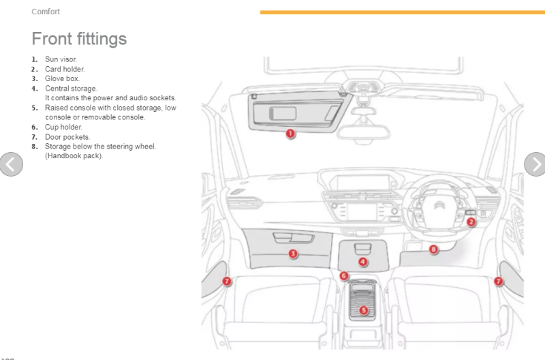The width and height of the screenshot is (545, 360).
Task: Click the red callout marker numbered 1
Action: pyautogui.click(x=290, y=134)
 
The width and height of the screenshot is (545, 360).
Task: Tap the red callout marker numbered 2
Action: pyautogui.click(x=471, y=222)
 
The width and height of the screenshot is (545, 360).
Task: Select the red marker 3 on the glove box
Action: pyautogui.click(x=292, y=254)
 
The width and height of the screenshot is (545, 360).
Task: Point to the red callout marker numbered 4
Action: pyautogui.click(x=362, y=262)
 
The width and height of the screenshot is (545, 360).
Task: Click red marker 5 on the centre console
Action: pyautogui.click(x=363, y=310)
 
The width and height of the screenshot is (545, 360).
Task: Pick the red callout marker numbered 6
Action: pyautogui.click(x=344, y=275)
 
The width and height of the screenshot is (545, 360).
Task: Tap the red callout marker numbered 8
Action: pyautogui.click(x=433, y=250)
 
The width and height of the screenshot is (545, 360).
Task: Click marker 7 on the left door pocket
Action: pyautogui.click(x=227, y=281)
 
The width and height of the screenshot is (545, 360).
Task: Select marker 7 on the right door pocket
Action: pyautogui.click(x=498, y=281)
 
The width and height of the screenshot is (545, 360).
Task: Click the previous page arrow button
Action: pyautogui.click(x=11, y=164)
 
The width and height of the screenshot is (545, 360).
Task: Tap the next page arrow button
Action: pyautogui.click(x=535, y=164)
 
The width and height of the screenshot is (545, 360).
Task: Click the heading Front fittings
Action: pyautogui.click(x=79, y=38)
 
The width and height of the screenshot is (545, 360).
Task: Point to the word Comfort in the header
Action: pyautogui.click(x=46, y=12)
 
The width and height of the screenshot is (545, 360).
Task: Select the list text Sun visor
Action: pyautogui.click(x=61, y=59)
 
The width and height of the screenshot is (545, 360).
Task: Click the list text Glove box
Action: pyautogui.click(x=62, y=78)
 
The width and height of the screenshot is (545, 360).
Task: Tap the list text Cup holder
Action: pyautogui.click(x=63, y=127)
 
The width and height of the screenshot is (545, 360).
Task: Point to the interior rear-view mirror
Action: pyautogui.click(x=363, y=131)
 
